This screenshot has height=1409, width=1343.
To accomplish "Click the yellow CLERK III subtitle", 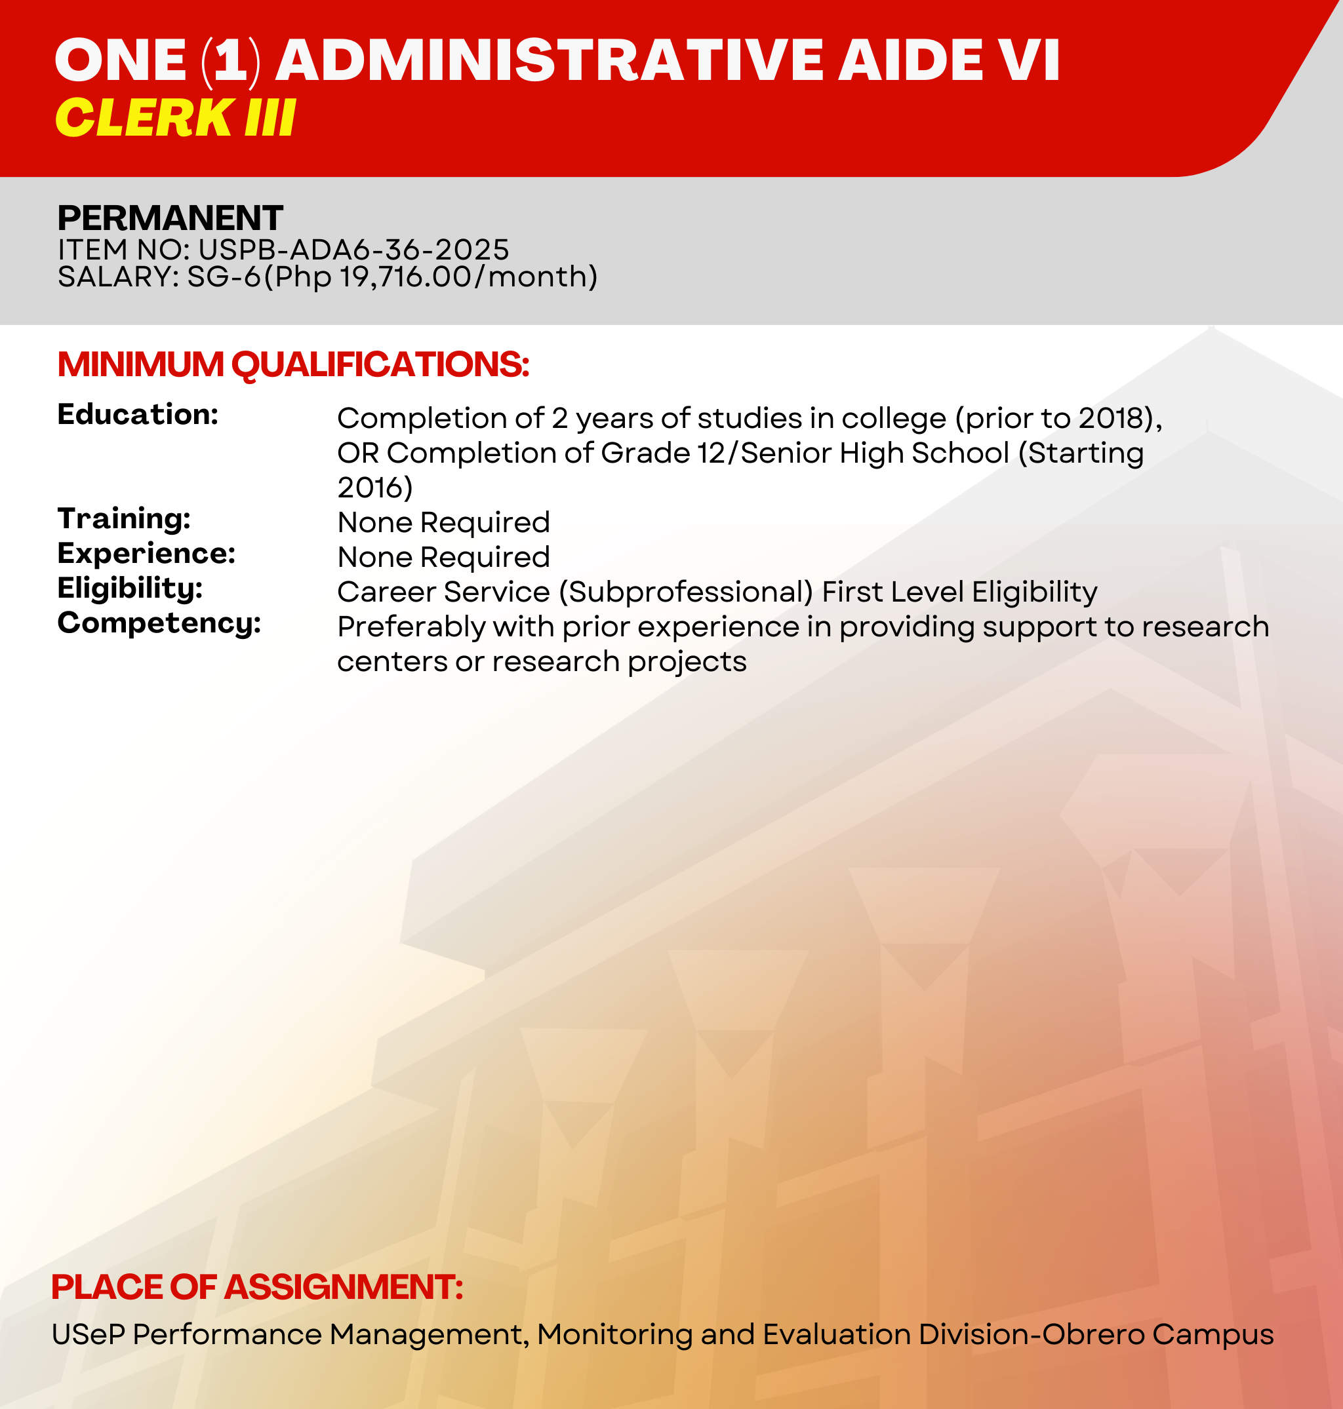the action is pos(175,117).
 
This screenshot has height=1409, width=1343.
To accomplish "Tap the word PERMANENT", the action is pos(170,218).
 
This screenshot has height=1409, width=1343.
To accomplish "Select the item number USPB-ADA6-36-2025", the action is pos(353,250).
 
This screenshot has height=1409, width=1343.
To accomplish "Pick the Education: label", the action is pos(138,414).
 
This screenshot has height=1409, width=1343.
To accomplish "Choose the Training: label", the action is pos(125,518).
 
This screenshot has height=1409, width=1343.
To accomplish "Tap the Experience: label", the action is pos(147,554).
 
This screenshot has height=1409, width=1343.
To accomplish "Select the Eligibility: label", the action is pos(130,589).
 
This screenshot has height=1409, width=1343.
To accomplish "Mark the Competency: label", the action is pos(159,623).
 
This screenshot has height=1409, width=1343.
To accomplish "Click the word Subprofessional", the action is pos(686,592).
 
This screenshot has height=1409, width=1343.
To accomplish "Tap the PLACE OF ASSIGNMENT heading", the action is pos(258,1286).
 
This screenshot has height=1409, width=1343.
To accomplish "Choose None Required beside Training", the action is pos(444,522).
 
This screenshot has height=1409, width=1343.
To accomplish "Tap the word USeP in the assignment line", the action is pos(89,1334).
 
